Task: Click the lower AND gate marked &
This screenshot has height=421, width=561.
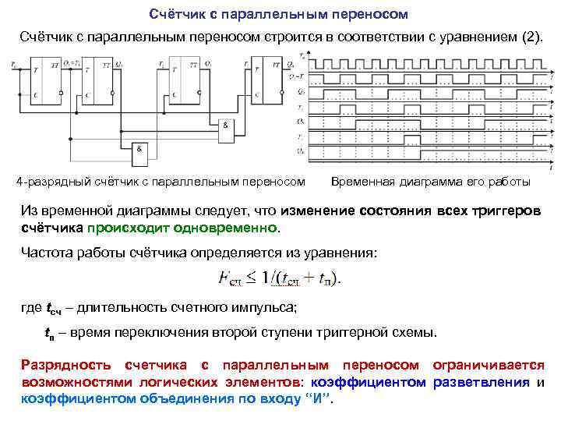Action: (x=141, y=151)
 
